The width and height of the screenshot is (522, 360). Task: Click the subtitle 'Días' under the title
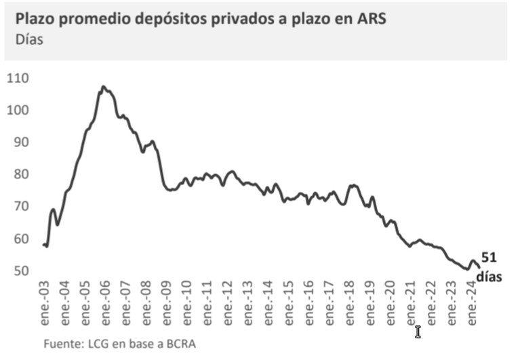click(x=28, y=40)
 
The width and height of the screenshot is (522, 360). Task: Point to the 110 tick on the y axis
click(x=18, y=79)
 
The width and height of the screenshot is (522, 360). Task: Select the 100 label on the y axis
click(x=18, y=111)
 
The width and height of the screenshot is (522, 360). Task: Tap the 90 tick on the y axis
click(x=18, y=142)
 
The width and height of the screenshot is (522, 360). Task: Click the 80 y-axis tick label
click(x=18, y=174)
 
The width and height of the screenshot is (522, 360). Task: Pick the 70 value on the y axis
click(x=18, y=207)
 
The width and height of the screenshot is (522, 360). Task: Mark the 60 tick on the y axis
click(x=18, y=239)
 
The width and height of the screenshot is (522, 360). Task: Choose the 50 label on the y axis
click(x=18, y=271)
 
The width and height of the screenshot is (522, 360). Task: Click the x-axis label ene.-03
click(x=44, y=302)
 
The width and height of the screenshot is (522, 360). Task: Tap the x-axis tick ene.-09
click(x=166, y=302)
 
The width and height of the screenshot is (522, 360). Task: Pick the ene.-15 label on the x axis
click(x=289, y=302)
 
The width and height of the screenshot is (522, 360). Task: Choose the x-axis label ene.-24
click(x=473, y=302)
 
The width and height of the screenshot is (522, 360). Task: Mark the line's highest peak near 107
click(x=103, y=87)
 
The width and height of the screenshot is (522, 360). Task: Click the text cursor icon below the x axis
click(x=418, y=332)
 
